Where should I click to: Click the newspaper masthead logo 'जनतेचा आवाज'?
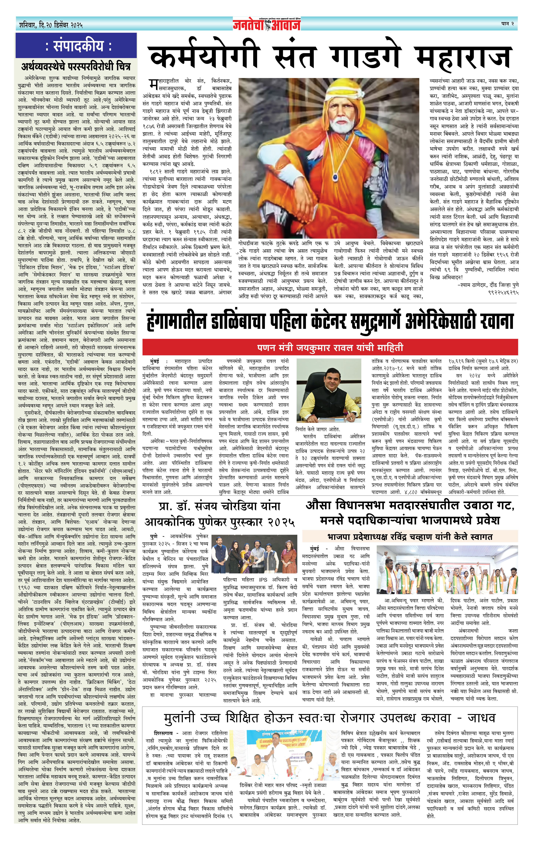point(267,24)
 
